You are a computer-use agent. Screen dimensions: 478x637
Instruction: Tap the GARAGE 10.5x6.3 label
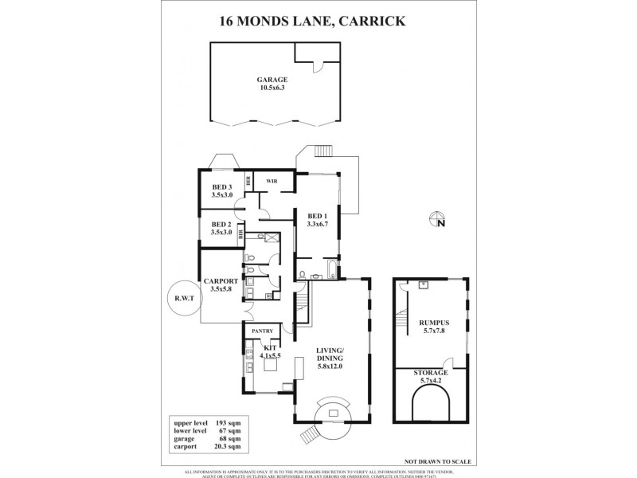click(272, 84)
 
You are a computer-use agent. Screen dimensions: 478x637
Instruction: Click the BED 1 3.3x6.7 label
click(317, 221)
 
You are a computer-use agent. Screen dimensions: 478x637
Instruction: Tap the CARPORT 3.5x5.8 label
click(217, 284)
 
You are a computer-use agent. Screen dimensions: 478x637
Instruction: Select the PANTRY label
click(262, 331)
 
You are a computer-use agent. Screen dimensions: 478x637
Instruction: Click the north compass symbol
click(437, 220)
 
